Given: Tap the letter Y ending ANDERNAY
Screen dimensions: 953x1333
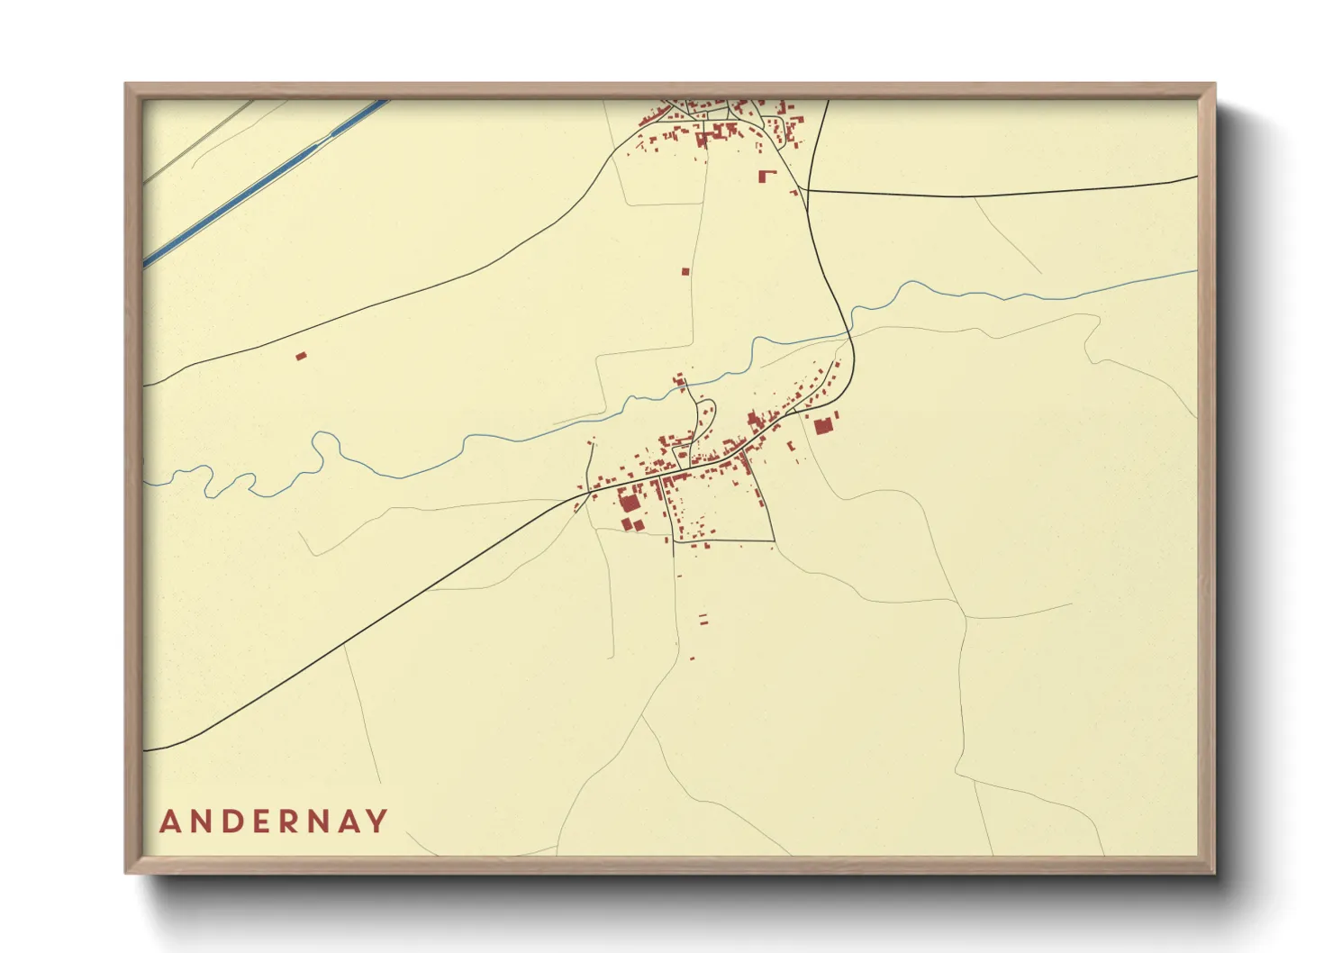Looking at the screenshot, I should pos(377,821).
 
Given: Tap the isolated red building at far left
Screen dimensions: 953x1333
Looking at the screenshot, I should pos(301,357).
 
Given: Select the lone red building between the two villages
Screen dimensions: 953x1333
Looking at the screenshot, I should pos(685,271).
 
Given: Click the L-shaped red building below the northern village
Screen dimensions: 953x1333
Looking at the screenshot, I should pos(766,177).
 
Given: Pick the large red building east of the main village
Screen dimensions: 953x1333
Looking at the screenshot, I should pos(821,426).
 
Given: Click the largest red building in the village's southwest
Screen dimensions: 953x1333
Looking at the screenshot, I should pos(628,501).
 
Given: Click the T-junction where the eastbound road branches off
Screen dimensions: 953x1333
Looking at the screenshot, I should pos(808,190).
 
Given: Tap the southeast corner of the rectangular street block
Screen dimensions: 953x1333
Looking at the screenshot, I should pos(774,541).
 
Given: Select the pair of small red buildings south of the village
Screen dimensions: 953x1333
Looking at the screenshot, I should pos(703,619).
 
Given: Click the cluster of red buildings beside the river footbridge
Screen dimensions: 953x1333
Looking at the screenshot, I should pos(680,382).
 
